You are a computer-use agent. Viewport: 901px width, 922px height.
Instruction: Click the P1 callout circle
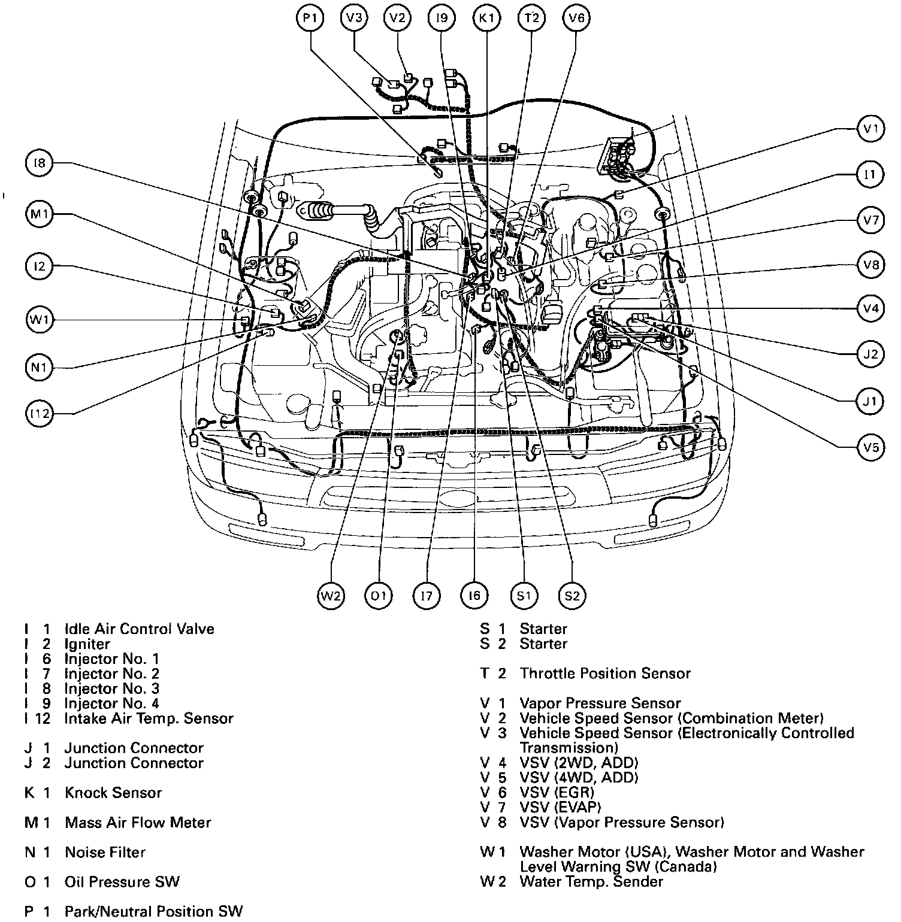[x=309, y=19]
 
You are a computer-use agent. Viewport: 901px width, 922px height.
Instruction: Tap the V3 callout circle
[x=354, y=19]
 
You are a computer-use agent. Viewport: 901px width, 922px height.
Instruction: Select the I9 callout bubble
[x=442, y=19]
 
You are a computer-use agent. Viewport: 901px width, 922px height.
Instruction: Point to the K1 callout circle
[x=486, y=19]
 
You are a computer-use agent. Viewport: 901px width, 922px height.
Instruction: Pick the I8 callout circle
[x=40, y=163]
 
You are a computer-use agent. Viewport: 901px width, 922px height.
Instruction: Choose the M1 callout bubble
[x=40, y=214]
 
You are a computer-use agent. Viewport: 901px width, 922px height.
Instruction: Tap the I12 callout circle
[x=40, y=414]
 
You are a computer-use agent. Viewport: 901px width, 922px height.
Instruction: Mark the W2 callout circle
[x=331, y=596]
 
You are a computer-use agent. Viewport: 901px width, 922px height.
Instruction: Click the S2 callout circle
[x=572, y=596]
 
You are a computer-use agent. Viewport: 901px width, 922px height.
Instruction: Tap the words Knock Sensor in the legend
[x=113, y=793]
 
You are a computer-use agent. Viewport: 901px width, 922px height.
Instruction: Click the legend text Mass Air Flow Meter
[x=138, y=823]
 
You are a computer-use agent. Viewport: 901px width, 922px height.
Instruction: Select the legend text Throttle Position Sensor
[x=605, y=674]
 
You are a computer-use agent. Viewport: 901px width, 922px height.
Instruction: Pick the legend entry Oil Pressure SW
[x=122, y=882]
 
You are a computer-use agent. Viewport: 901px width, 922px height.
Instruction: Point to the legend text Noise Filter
[x=105, y=852]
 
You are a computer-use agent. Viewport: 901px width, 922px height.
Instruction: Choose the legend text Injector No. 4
[x=112, y=703]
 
